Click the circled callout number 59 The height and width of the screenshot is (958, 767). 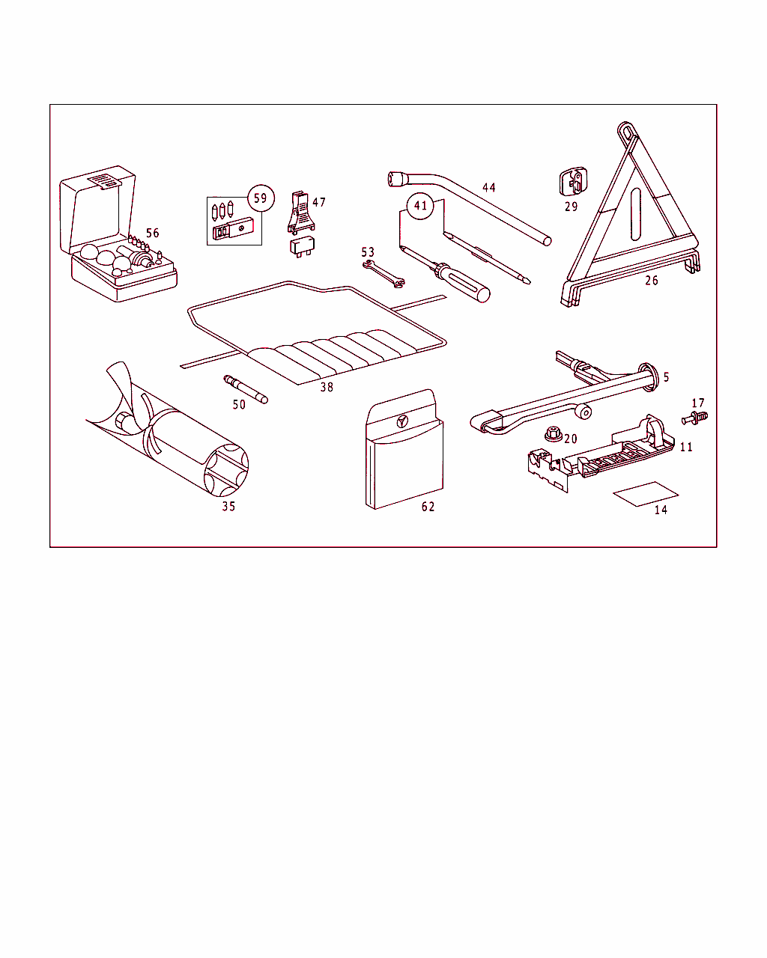tap(261, 198)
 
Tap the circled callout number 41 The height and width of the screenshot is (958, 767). tap(420, 206)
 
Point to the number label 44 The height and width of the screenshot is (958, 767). tap(489, 187)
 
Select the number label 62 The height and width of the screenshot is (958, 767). tap(428, 507)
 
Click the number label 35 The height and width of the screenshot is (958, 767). tap(228, 506)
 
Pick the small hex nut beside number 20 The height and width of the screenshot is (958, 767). tap(554, 433)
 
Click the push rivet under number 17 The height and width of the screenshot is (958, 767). tap(694, 418)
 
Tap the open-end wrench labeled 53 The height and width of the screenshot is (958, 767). tap(383, 274)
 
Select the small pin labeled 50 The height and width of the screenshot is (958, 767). tap(246, 389)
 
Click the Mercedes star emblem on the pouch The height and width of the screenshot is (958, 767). tap(402, 421)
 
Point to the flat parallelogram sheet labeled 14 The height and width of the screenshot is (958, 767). tap(646, 494)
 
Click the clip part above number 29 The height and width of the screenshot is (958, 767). tap(573, 181)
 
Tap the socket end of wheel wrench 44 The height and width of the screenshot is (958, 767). tap(398, 179)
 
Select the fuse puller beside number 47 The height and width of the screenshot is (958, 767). tap(301, 213)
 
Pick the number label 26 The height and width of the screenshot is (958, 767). tap(651, 281)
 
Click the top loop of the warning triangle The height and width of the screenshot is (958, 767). tap(627, 130)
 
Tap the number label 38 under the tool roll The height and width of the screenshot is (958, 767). tap(327, 387)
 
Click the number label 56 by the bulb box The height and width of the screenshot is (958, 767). tap(152, 233)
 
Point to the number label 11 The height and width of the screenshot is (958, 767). tap(686, 447)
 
